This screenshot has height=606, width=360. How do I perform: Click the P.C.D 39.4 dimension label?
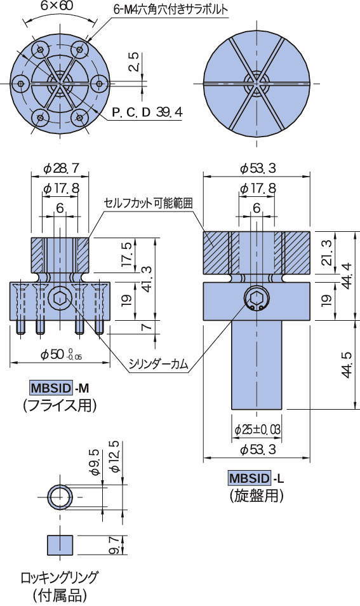[x=147, y=113]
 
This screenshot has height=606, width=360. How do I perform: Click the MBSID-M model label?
[x=59, y=387]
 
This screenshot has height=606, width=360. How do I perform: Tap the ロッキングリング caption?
[x=59, y=577]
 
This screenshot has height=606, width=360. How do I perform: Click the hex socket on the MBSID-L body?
[x=257, y=299]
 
